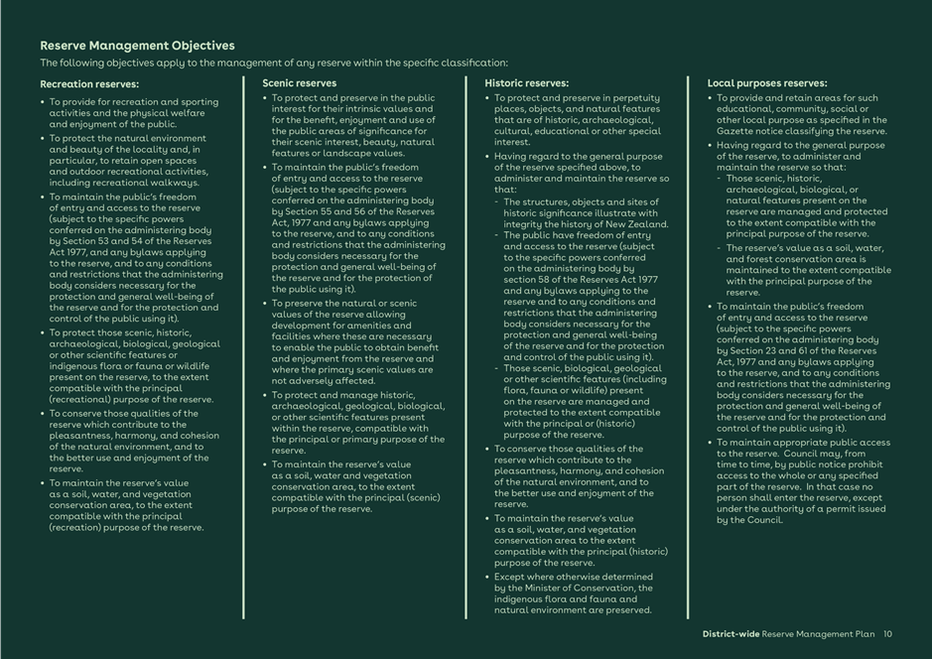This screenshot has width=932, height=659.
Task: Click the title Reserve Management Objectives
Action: click(137, 46)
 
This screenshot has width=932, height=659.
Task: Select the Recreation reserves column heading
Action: click(89, 84)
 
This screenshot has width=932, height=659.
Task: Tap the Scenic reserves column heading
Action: click(299, 83)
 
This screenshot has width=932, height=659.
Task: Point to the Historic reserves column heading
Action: click(526, 83)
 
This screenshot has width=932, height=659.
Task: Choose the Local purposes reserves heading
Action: click(766, 83)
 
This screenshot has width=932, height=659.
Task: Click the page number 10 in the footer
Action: click(887, 634)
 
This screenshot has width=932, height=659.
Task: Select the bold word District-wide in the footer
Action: click(731, 634)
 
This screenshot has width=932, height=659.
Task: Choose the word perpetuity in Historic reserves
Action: click(635, 98)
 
